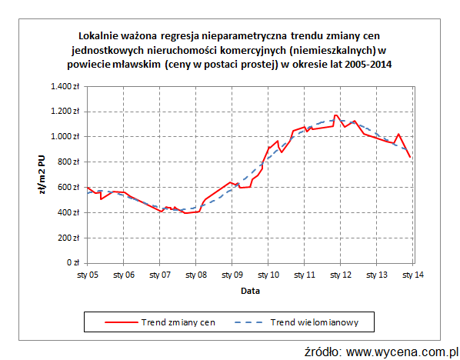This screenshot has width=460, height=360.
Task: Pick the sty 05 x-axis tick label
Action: [x=87, y=275]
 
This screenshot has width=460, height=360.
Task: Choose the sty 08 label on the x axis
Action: [x=196, y=275]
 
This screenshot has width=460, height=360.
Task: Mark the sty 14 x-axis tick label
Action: [x=413, y=275]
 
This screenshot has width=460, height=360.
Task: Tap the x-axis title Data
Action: [x=249, y=291]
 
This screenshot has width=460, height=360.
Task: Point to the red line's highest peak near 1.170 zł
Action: [x=336, y=115]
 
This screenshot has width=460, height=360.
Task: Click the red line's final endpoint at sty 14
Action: [x=411, y=158]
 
